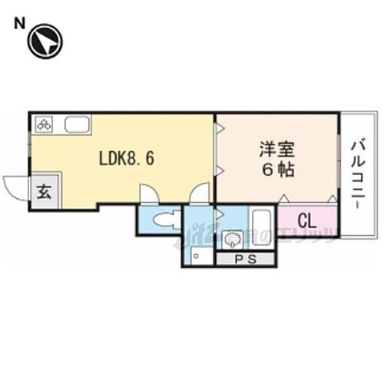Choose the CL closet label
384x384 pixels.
pyautogui.click(x=307, y=221)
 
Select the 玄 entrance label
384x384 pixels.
pyautogui.click(x=41, y=192)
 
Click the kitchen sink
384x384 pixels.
pyautogui.click(x=77, y=124)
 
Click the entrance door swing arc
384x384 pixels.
pyautogui.click(x=16, y=187)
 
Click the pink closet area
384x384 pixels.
pyautogui.click(x=307, y=222)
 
